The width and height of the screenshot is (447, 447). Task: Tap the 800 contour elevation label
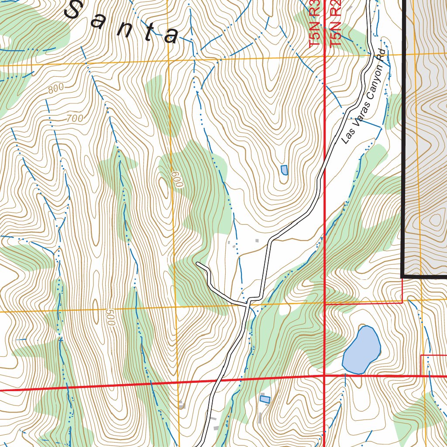pyautogui.click(x=56, y=89)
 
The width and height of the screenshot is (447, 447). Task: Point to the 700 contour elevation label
pyautogui.click(x=75, y=118)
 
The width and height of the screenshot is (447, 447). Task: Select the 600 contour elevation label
pyautogui.click(x=176, y=179)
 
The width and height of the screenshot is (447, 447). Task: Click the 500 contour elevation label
pyautogui.click(x=110, y=317)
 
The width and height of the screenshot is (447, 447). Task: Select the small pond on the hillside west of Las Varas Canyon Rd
pyautogui.click(x=284, y=170)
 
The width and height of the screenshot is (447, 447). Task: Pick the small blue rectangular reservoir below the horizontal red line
pyautogui.click(x=265, y=399)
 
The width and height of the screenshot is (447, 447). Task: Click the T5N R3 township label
pyautogui.click(x=315, y=24)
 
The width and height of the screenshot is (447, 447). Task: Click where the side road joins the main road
pyautogui.click(x=249, y=301)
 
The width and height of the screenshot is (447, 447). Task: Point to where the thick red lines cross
pyautogui.click(x=324, y=375)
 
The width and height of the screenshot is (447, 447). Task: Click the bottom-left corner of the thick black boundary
pyautogui.click(x=402, y=275)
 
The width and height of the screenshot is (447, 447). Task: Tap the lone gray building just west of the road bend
pyautogui.click(x=257, y=240)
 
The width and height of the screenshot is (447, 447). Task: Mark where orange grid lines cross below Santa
pyautogui.click(x=168, y=61)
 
